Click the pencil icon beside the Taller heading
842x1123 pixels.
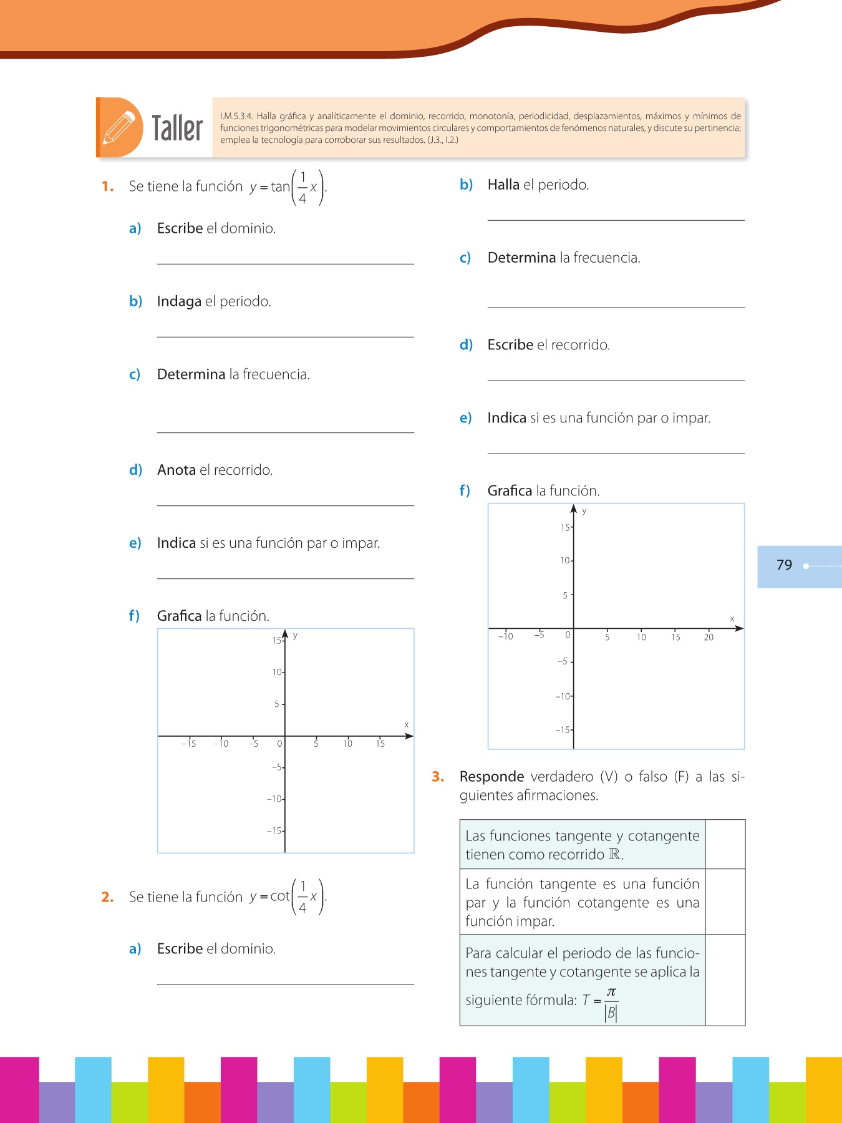(119, 127)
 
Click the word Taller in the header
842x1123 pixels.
(178, 129)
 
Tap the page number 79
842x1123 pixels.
(784, 565)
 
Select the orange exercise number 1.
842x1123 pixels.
(107, 187)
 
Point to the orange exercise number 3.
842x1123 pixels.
(438, 777)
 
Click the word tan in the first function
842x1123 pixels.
(280, 187)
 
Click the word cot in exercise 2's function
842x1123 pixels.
(280, 897)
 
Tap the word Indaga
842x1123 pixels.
(179, 301)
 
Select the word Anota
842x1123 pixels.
(177, 470)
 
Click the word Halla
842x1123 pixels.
(503, 185)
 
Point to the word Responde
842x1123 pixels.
(491, 777)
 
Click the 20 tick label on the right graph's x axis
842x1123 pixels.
(709, 637)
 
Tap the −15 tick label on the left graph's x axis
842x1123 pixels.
(188, 744)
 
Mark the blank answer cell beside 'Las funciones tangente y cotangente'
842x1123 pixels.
(725, 844)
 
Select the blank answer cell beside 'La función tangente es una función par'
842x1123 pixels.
(725, 902)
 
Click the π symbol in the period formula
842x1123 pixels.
(611, 992)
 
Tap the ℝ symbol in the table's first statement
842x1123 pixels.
(615, 855)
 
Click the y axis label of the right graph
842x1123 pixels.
(584, 511)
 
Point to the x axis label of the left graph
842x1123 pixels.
(407, 725)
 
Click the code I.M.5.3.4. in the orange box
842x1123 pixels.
(236, 116)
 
